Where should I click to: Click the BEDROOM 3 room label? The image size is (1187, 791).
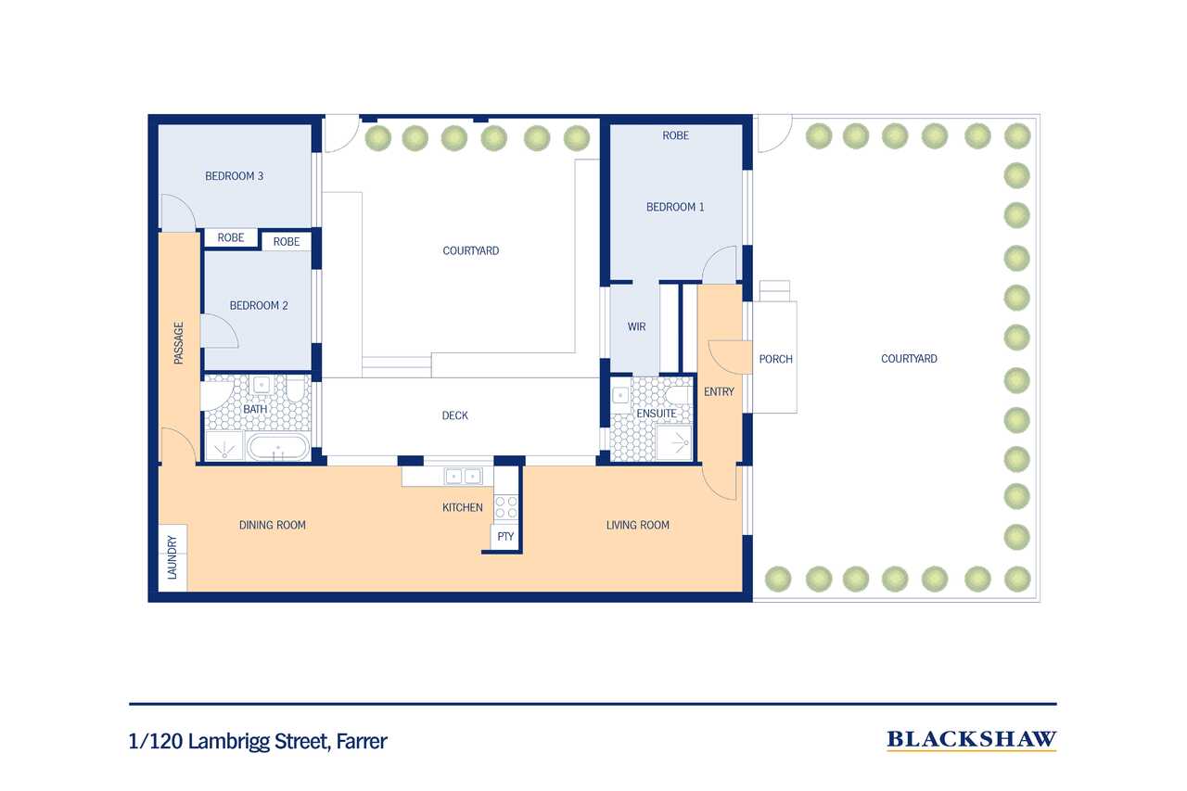[235, 176]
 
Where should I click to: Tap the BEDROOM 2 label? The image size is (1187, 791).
[259, 306]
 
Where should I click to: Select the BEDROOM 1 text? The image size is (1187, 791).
[675, 207]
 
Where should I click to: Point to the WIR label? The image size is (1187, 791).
[636, 327]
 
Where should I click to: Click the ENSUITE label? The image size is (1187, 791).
[656, 414]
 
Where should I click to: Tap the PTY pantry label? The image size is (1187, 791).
[505, 537]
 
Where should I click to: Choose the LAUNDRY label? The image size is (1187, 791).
[172, 557]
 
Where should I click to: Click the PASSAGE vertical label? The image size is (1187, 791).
[179, 343]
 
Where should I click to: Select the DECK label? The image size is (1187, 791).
[454, 415]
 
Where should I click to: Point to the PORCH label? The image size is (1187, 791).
[776, 359]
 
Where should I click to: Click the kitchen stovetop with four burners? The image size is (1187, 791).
[506, 506]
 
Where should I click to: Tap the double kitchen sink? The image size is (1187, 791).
[463, 477]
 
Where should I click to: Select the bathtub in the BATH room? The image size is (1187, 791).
[278, 448]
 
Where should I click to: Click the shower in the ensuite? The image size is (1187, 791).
[674, 442]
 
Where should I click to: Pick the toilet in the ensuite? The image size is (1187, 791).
[679, 396]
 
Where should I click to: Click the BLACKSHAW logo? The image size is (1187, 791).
[971, 740]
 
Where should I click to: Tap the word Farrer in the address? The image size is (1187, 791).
[362, 741]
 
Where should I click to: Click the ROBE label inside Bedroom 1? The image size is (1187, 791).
[676, 135]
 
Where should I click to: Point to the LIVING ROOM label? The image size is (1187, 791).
[637, 525]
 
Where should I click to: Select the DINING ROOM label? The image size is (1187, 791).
[273, 525]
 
